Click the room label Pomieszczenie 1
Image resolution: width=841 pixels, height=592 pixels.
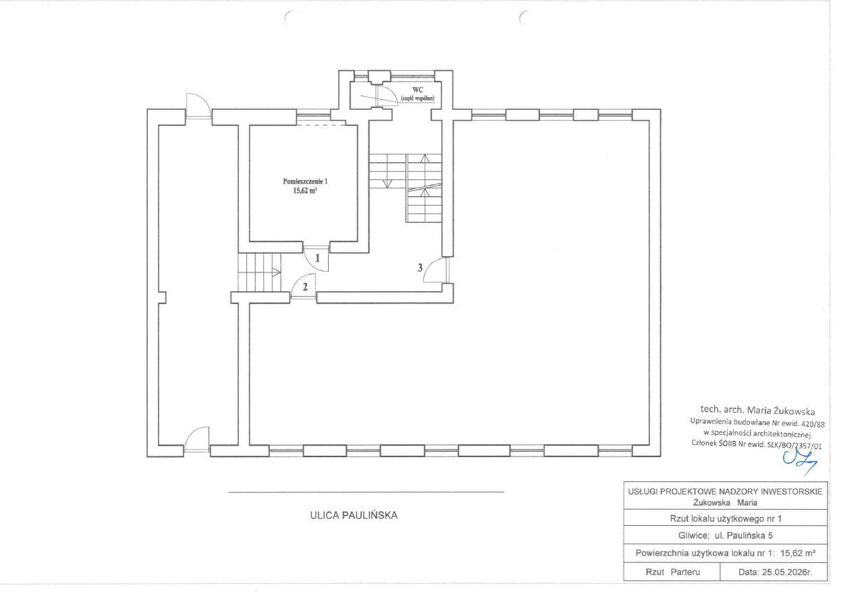tap(305, 181)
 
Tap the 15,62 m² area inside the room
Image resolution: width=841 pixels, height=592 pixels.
tap(305, 191)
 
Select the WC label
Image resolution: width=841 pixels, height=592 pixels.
tap(418, 90)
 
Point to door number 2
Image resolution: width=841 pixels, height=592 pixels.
tap(305, 287)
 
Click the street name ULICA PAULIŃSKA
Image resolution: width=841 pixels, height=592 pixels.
tap(354, 515)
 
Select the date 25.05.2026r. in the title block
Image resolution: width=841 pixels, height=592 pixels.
tap(775, 572)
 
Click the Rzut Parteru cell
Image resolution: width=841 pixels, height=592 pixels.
tap(673, 572)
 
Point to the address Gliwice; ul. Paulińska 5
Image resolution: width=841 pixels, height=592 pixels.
tap(726, 535)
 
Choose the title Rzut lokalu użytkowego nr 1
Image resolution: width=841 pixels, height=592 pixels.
tap(726, 519)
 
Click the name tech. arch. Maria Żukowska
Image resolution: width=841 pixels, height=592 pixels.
tap(757, 410)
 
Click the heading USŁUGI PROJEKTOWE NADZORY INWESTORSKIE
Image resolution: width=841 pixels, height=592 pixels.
tap(726, 492)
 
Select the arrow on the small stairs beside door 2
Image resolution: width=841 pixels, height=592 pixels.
tap(276, 272)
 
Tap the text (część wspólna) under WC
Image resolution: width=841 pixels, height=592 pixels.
tap(418, 98)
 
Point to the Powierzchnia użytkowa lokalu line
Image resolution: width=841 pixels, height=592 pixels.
tap(726, 553)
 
